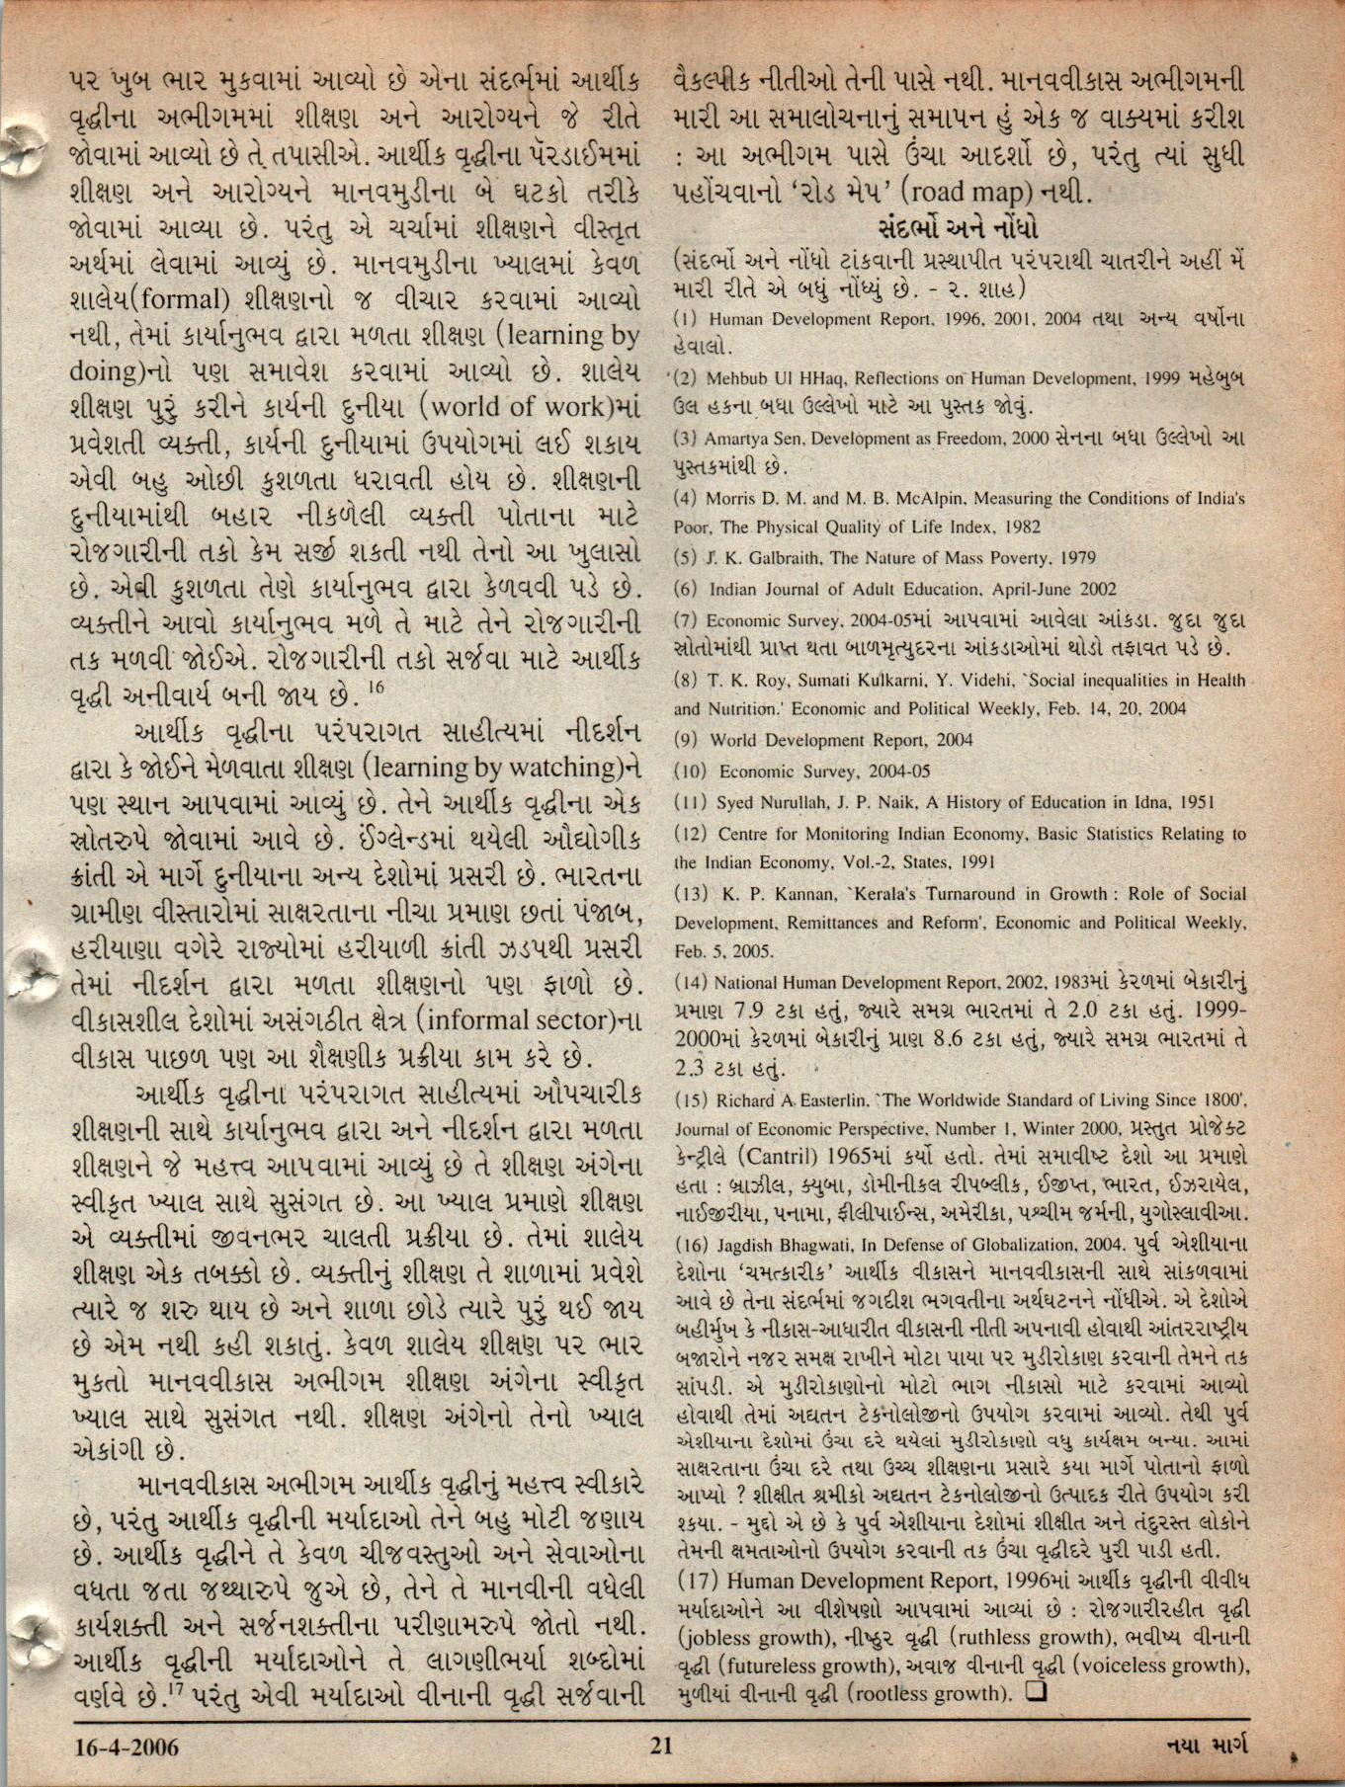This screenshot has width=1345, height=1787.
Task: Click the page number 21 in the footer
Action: [661, 1746]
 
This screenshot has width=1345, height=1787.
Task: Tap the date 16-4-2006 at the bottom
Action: [127, 1746]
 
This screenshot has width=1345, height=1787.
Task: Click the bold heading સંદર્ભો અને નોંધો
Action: [959, 228]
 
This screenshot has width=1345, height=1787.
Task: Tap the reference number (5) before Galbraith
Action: [687, 558]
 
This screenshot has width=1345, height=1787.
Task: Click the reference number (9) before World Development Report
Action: [687, 740]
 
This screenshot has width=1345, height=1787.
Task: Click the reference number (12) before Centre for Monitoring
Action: [691, 835]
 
